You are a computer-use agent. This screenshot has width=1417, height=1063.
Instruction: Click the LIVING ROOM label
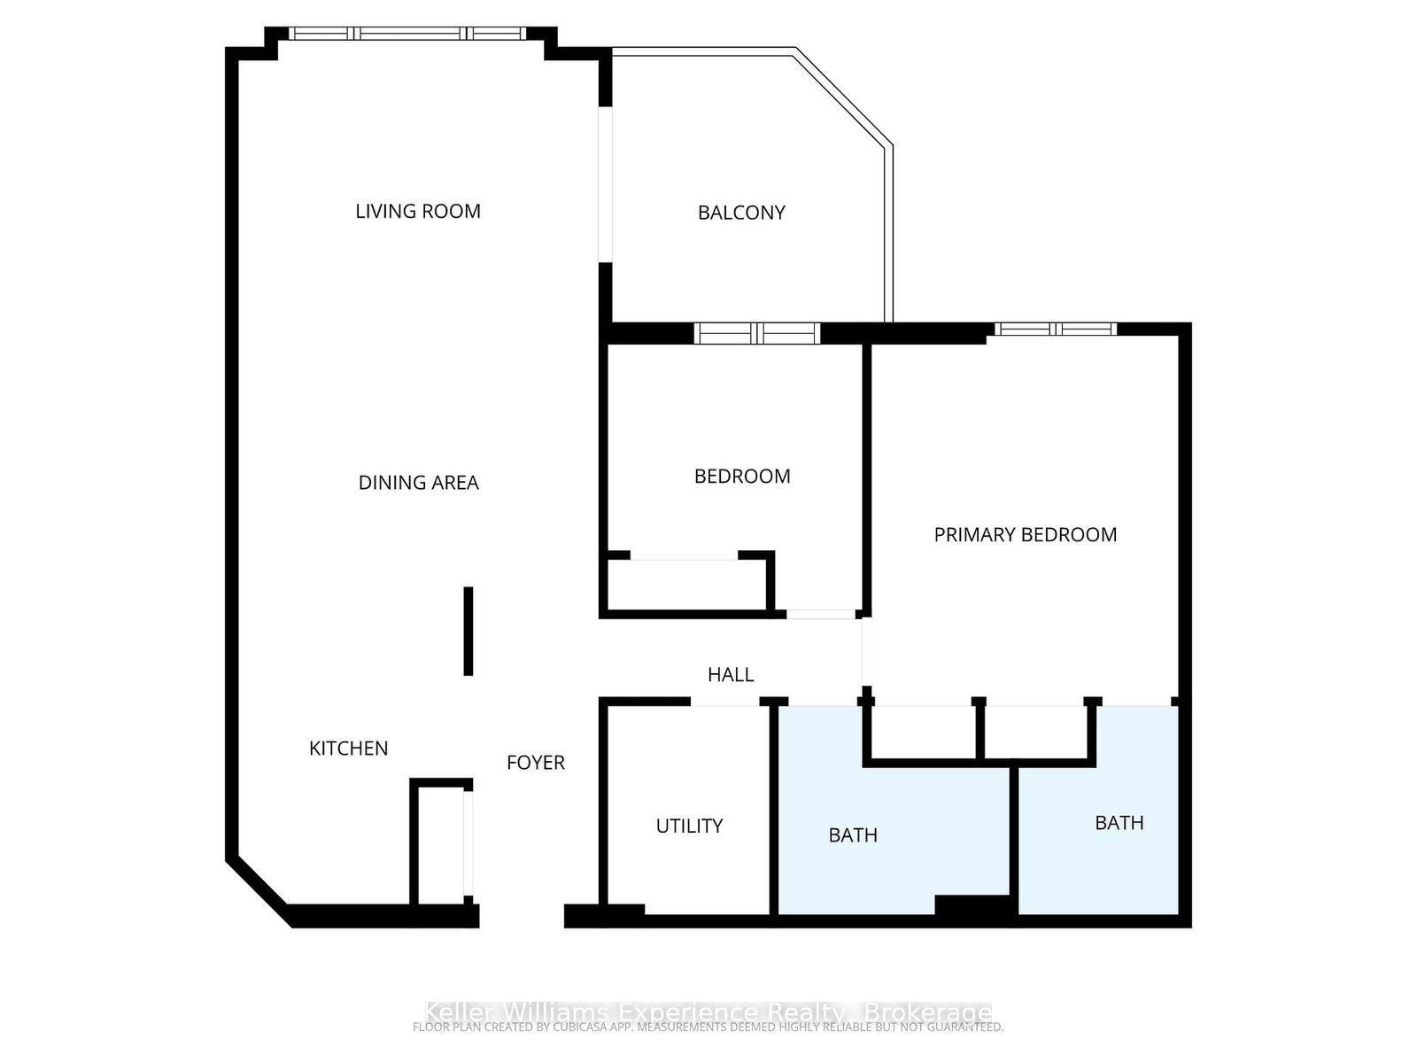coord(418,211)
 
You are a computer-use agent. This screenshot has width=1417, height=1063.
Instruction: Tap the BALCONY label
coord(741,213)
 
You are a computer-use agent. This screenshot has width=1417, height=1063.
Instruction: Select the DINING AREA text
coord(418,483)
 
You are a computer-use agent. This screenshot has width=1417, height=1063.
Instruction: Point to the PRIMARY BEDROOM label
coord(1025,534)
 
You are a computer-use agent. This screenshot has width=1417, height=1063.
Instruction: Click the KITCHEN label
coord(348,749)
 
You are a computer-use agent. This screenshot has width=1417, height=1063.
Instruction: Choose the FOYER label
coord(535,763)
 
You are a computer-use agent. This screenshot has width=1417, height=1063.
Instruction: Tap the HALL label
coord(731,675)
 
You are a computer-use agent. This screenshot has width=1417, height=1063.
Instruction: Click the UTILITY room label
coord(689,826)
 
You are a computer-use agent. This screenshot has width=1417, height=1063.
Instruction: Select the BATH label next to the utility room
coord(853,835)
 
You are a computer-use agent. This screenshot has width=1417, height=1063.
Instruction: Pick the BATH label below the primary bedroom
coord(1119,823)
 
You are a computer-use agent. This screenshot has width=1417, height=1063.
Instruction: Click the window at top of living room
coord(409,34)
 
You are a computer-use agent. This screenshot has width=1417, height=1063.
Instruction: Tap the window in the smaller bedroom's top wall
coord(756,334)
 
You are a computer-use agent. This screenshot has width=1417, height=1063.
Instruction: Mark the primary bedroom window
coord(1055,330)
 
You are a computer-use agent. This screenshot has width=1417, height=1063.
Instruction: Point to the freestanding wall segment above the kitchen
coord(468,631)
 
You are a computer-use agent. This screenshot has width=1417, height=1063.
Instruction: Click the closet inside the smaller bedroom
coord(685,585)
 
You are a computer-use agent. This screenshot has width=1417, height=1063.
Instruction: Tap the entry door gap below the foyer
coord(522,916)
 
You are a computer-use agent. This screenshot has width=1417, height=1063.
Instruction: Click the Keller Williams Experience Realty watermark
coord(708,1013)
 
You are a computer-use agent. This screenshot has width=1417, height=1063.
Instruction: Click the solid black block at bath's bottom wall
coord(972,906)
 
